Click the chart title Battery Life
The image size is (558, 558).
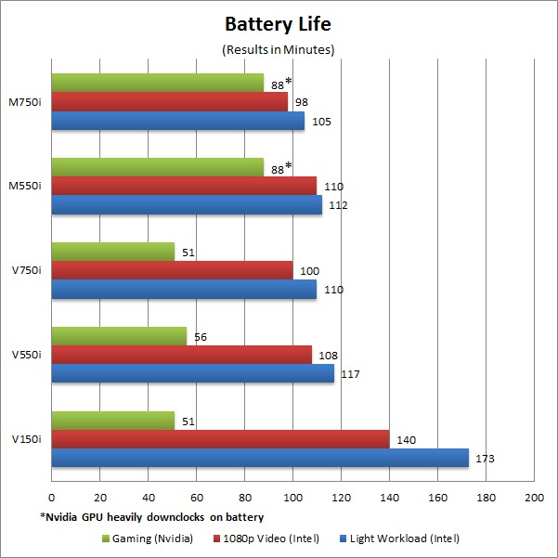coord(279,23)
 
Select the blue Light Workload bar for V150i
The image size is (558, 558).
coord(260,458)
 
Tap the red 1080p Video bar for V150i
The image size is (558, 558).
coord(220,439)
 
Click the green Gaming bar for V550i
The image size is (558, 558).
coord(119,336)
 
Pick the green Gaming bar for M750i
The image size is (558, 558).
coord(158,83)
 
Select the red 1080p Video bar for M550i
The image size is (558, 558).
coord(184,186)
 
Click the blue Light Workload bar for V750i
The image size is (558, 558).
coord(184,289)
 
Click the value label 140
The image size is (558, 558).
coord(407,439)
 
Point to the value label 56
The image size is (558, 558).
coord(201,336)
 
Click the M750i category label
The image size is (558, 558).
coord(26,102)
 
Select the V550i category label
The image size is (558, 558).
coord(26,355)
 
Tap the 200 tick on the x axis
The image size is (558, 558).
coord(534,498)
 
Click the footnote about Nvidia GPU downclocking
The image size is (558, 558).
coord(151,516)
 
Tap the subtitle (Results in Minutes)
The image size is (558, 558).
coord(279,49)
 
